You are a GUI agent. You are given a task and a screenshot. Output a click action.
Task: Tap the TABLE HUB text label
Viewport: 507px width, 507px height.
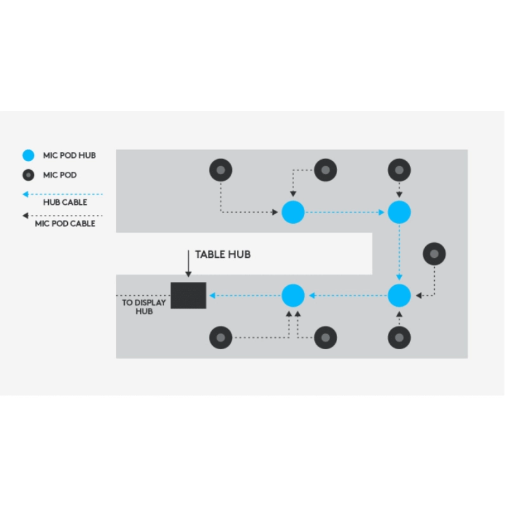click(x=222, y=254)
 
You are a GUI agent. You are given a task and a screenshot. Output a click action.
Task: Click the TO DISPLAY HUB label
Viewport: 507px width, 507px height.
click(x=144, y=307)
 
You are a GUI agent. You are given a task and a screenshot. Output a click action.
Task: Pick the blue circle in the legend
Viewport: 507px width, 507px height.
click(x=29, y=155)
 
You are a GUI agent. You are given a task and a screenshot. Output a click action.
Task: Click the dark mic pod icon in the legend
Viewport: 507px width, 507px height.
click(x=29, y=175)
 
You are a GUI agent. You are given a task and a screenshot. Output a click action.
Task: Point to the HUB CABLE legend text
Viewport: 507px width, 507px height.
click(x=65, y=202)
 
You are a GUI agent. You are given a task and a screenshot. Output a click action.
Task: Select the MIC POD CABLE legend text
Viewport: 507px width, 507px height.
click(x=65, y=223)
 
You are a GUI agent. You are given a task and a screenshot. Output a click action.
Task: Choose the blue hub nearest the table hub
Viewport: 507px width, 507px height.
click(x=293, y=295)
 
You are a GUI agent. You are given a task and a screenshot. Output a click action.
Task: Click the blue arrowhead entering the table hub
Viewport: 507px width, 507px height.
click(x=213, y=295)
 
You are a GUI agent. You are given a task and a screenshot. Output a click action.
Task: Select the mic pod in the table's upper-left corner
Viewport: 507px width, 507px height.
click(x=221, y=170)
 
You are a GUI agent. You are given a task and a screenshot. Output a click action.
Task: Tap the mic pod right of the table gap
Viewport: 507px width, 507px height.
click(x=434, y=253)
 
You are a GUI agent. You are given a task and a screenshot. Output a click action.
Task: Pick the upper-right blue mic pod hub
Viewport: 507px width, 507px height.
click(x=399, y=212)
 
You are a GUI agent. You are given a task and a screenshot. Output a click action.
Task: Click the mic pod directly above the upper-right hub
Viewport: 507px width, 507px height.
click(x=399, y=170)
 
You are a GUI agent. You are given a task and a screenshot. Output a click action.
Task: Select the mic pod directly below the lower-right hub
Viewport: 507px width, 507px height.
click(x=399, y=337)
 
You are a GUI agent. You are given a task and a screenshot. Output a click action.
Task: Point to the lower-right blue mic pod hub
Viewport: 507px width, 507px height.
click(x=399, y=295)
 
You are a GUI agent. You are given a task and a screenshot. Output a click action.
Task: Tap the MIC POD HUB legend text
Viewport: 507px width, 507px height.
click(x=69, y=155)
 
